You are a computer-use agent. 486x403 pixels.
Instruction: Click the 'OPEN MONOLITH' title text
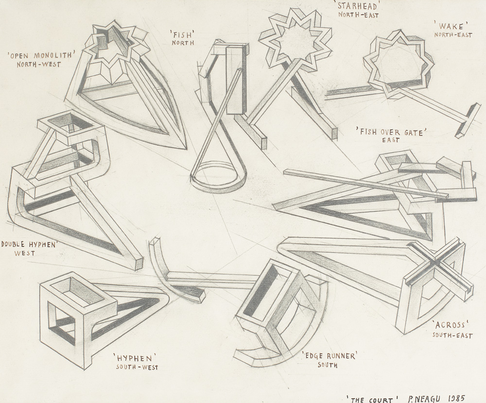click(x=42, y=56)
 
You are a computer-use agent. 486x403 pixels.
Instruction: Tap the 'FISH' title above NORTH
click(x=182, y=33)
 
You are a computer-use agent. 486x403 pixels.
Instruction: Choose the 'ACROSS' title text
click(x=451, y=325)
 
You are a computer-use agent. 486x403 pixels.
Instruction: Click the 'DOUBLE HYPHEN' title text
click(x=29, y=244)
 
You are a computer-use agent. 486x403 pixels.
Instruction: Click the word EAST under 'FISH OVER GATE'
click(x=391, y=140)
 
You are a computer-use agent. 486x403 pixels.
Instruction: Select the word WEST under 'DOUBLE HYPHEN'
click(x=24, y=253)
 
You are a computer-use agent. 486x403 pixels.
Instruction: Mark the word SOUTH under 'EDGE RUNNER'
click(x=327, y=365)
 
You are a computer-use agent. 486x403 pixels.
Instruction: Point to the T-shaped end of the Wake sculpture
click(x=468, y=120)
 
